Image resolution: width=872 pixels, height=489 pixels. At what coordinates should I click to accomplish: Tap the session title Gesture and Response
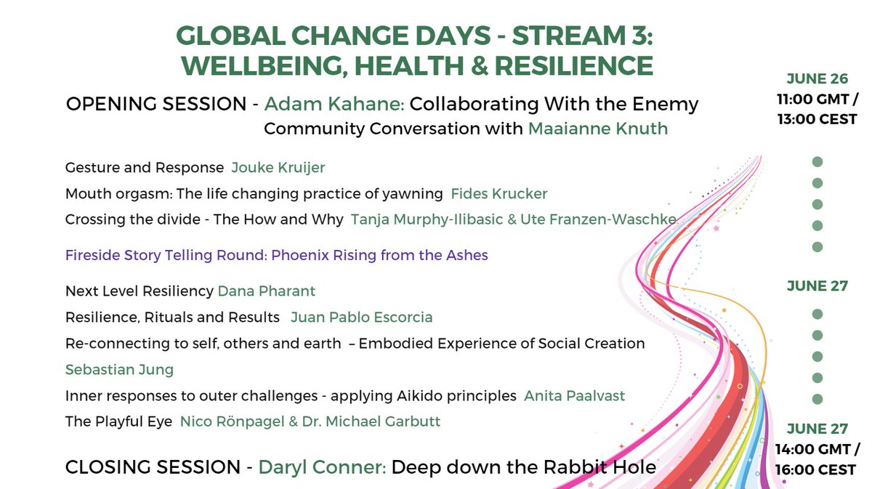pyautogui.click(x=145, y=168)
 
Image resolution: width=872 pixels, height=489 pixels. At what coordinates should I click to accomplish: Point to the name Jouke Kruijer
pyautogui.click(x=278, y=168)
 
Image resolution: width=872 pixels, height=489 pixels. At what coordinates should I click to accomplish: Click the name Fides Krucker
pyautogui.click(x=498, y=194)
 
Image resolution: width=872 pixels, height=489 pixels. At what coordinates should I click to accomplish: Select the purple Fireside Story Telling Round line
pyautogui.click(x=276, y=255)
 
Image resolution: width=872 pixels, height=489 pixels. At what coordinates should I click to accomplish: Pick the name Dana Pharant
pyautogui.click(x=267, y=291)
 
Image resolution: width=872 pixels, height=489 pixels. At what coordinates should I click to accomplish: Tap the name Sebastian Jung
pyautogui.click(x=119, y=370)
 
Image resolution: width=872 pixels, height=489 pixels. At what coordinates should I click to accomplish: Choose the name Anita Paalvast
pyautogui.click(x=574, y=396)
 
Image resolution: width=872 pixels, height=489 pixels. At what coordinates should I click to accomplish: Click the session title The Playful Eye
pyautogui.click(x=118, y=422)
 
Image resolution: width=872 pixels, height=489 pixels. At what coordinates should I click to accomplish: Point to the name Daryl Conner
pyautogui.click(x=322, y=467)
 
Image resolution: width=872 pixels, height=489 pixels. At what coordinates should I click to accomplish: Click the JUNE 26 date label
pyautogui.click(x=817, y=79)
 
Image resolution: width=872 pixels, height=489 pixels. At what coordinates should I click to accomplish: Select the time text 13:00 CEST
pyautogui.click(x=817, y=119)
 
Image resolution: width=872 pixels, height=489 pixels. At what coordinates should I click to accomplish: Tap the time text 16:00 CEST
pyautogui.click(x=817, y=470)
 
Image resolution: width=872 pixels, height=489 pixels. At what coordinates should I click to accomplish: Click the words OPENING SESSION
pyautogui.click(x=156, y=104)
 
